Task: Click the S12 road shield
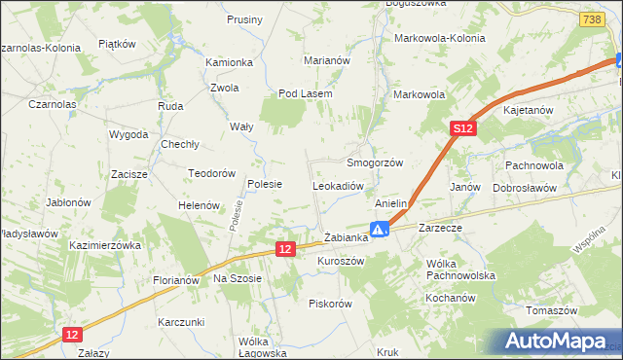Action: pos(462,127)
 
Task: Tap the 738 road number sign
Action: pos(590,19)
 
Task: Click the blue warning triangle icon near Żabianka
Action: pos(382,230)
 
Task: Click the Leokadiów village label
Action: pos(338,185)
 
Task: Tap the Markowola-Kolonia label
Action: pos(439,39)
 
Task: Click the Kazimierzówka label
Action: pos(106,246)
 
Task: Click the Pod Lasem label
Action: pos(306,93)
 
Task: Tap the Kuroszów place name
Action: pos(341,262)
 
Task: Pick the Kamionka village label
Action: pos(229,62)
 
